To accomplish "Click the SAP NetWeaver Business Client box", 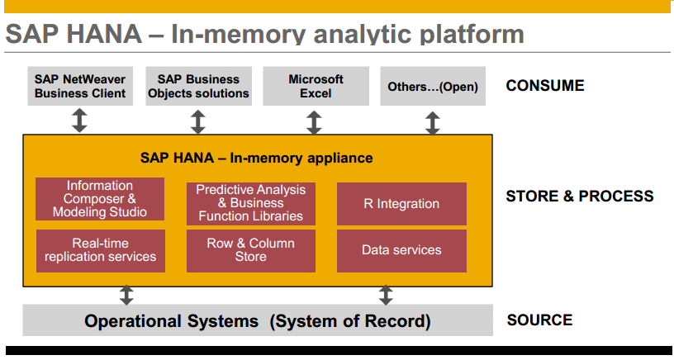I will (80, 86).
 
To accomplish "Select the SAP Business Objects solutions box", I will (198, 86).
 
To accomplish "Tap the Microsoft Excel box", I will (316, 86).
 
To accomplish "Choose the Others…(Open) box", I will (433, 87).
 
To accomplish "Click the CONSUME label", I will (544, 86).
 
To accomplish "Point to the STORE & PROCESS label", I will (579, 197).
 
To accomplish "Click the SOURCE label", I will (539, 320).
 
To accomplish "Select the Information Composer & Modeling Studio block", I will (100, 199).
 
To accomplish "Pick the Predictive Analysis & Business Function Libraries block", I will (250, 203).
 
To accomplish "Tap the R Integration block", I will (401, 204).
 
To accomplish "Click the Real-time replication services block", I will (100, 250).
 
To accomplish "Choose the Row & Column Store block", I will (250, 250).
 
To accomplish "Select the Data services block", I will (401, 250).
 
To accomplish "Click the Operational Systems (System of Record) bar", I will (257, 321).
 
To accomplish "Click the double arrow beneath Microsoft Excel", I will (314, 122).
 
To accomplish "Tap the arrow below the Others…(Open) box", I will (432, 123).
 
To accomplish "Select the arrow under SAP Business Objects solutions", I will (198, 121).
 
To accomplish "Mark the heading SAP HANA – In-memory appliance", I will (256, 158).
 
